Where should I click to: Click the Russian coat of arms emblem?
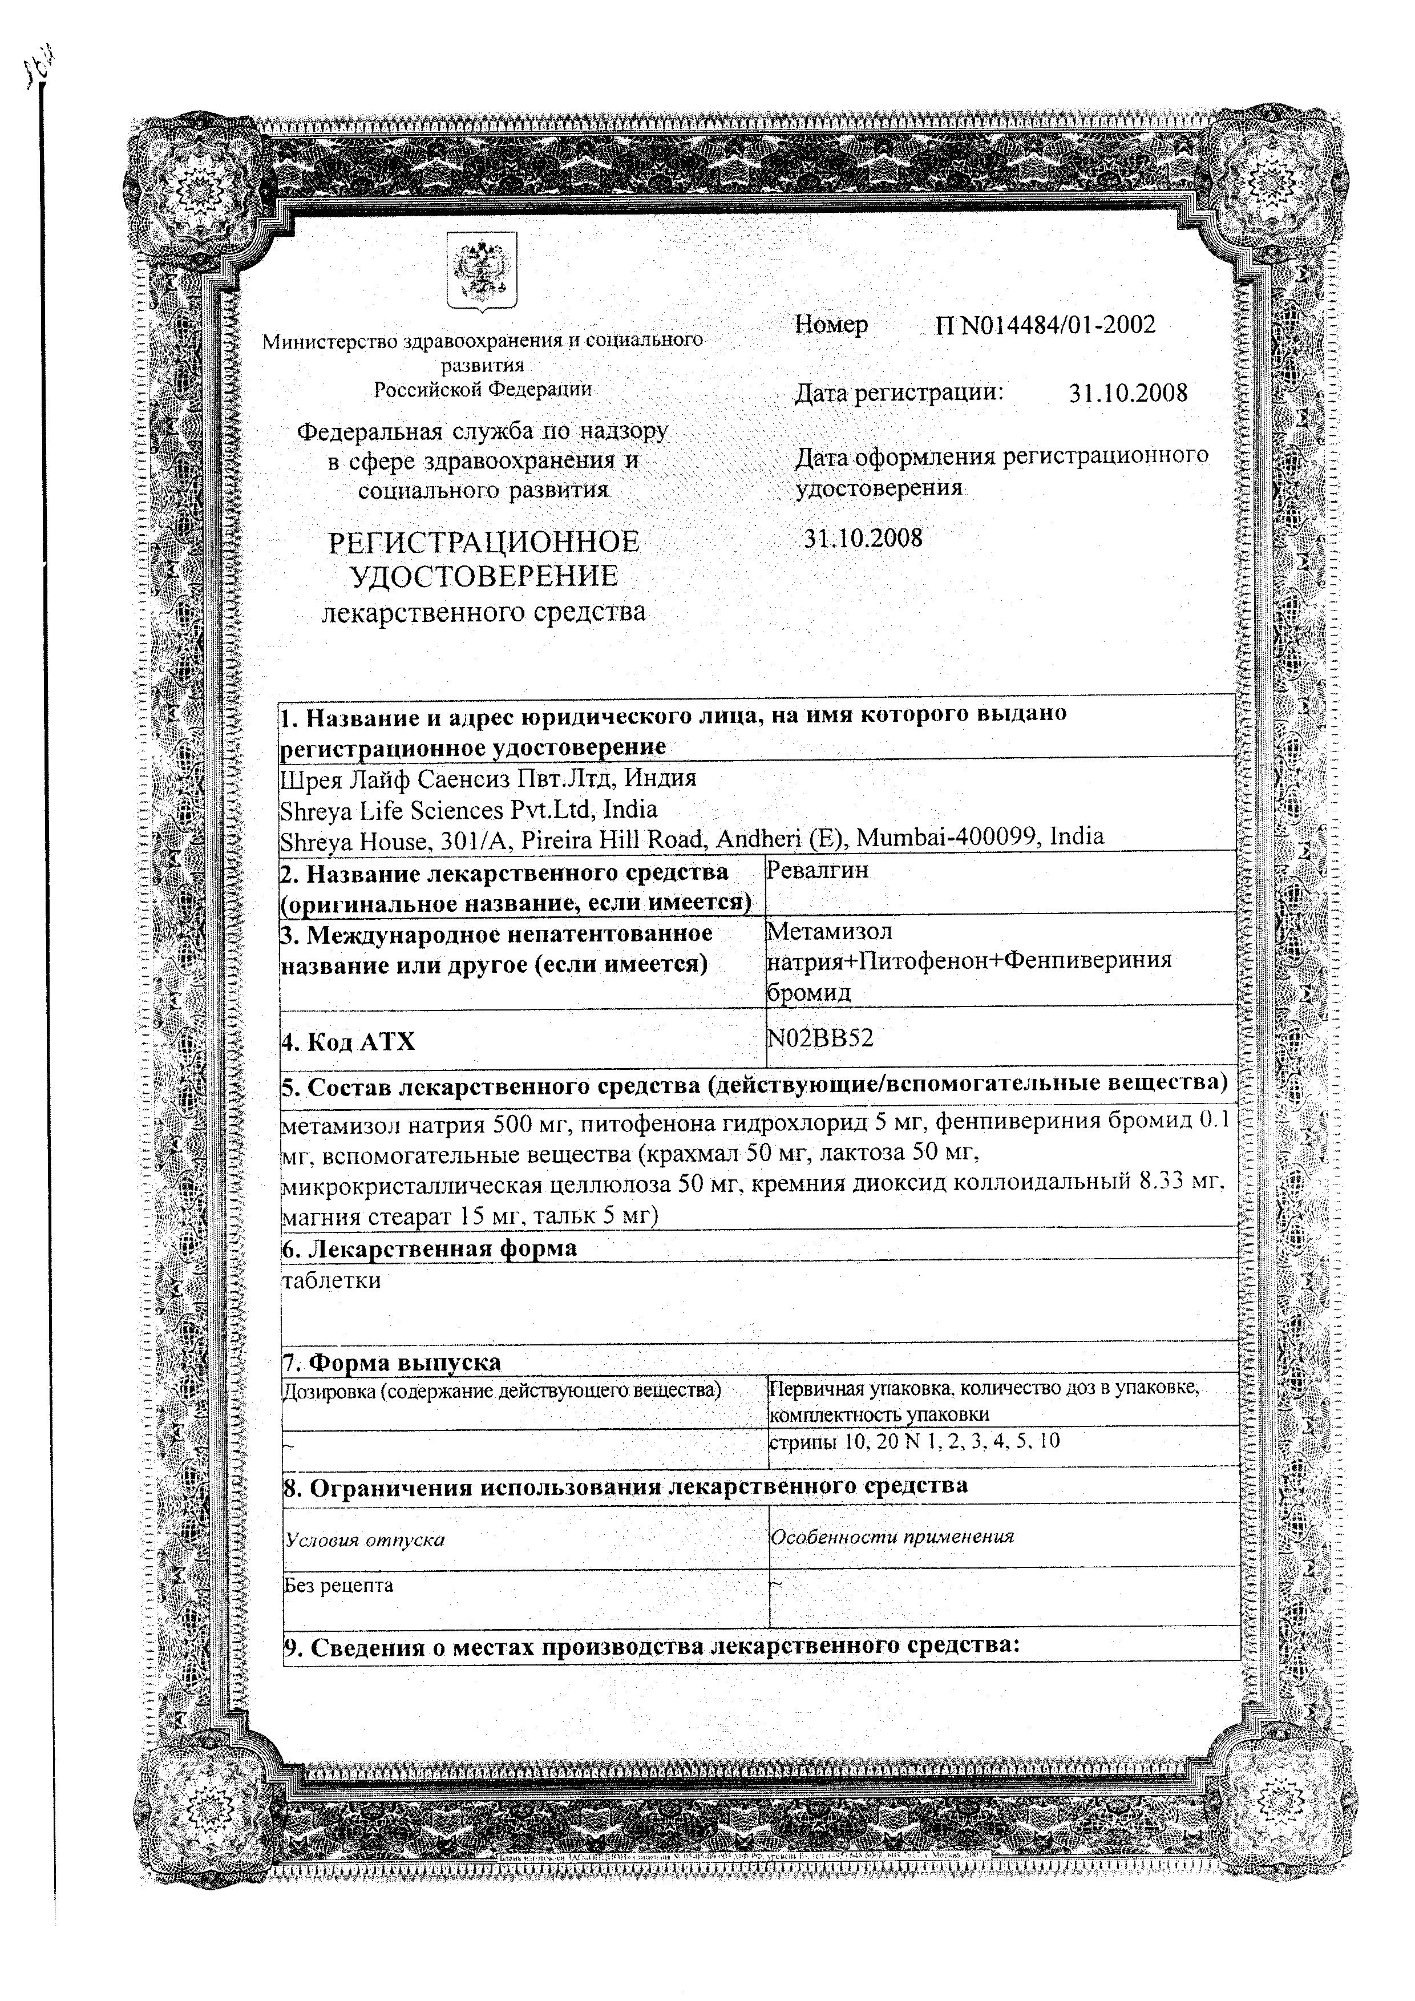coord(481,270)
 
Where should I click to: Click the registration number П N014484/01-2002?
coord(1046,325)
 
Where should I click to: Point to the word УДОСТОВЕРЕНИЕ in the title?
coord(484,576)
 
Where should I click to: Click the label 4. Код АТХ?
coord(349,1041)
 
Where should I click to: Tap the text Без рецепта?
coord(339,1585)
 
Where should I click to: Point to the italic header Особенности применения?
coord(892,1537)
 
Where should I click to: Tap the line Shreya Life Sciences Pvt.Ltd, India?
coord(468,810)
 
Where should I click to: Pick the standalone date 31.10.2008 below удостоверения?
coord(863,537)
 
